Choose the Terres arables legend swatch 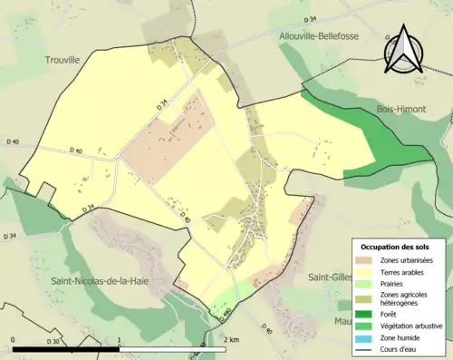[x=367, y=271]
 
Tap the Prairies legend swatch [x=367, y=282]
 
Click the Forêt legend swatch [x=367, y=314]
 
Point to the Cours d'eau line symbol [x=367, y=346]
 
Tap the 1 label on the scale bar [x=120, y=339]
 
